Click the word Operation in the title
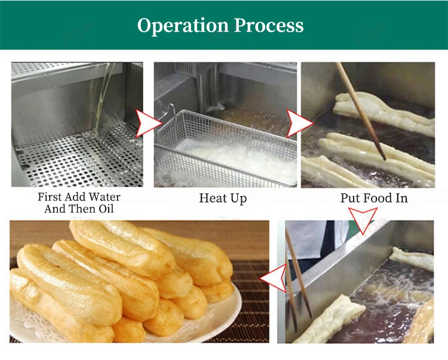[183, 26]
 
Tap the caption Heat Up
[222, 198]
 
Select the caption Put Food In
[374, 198]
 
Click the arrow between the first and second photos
[147, 124]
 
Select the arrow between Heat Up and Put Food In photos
[299, 124]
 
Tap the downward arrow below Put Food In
[364, 221]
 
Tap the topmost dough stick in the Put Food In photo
[382, 110]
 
